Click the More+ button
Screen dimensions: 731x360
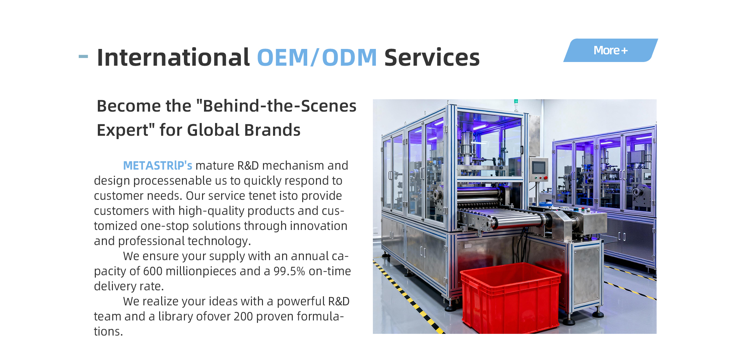610,50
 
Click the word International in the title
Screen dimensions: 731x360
173,57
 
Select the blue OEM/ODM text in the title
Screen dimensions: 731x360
317,57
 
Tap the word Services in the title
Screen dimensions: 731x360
432,57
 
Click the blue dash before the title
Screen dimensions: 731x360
83,56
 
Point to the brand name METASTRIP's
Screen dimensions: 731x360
157,165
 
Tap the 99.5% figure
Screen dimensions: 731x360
289,271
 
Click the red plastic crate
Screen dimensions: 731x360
510,298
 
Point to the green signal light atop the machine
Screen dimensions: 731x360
516,101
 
